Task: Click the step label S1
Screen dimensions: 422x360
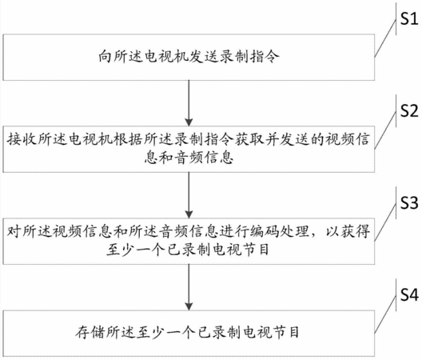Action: point(409,19)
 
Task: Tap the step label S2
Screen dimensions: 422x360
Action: point(409,110)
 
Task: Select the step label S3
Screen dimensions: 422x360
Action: point(409,202)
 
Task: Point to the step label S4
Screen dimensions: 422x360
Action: point(409,294)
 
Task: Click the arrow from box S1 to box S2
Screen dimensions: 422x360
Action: point(189,103)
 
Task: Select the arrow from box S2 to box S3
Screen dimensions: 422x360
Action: point(189,195)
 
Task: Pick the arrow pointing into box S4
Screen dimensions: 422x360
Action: point(189,287)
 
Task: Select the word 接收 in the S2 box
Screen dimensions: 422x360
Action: point(22,140)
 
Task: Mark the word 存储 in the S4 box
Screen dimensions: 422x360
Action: point(90,332)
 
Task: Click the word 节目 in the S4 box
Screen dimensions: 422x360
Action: point(285,332)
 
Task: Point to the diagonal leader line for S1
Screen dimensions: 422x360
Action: point(385,38)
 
